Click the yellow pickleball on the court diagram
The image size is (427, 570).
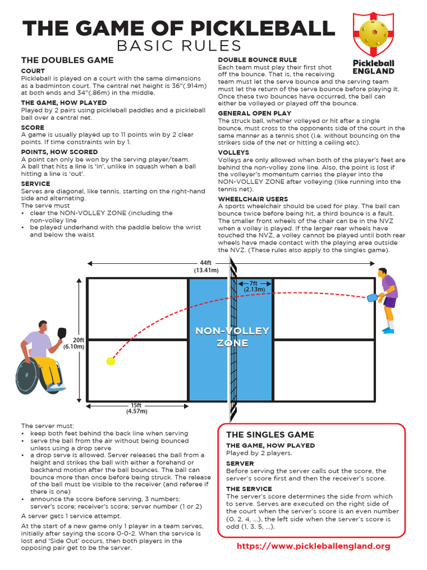coord(110,361)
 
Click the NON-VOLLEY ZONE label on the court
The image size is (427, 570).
coord(232,337)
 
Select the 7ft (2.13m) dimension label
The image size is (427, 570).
coord(253,286)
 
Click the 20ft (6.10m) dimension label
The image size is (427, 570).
coord(73,343)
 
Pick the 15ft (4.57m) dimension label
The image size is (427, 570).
coord(136,408)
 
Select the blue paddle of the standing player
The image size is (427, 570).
coord(372,297)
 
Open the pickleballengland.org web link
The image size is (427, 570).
coord(314,546)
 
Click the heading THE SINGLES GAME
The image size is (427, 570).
coord(270,435)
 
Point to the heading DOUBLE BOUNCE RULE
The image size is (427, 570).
coord(257,60)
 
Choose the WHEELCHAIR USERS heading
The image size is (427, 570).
coord(253,199)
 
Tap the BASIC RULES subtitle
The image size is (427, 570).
coord(178,46)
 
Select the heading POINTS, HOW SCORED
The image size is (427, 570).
coord(59,152)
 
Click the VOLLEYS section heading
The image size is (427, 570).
coord(234,153)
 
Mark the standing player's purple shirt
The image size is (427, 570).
coord(389,286)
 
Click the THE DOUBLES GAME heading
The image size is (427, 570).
coord(67,60)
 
